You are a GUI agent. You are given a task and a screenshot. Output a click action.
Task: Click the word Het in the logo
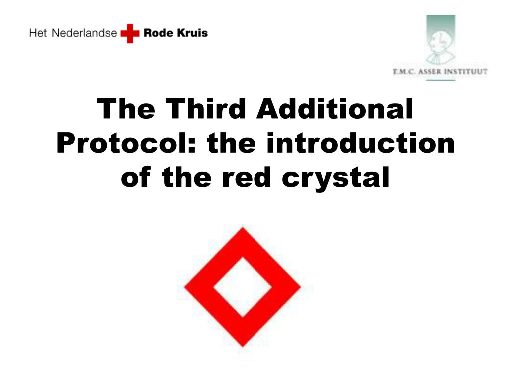pos(38,33)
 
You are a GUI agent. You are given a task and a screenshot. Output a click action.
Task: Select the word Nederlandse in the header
pos(84,33)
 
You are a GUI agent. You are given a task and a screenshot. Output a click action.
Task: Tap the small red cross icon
pos(130,33)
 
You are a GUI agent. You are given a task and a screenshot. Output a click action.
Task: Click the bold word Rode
pos(158,33)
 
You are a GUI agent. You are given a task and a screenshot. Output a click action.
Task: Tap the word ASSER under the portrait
pos(430,72)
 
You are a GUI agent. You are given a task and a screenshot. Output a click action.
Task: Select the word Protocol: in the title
pos(126,143)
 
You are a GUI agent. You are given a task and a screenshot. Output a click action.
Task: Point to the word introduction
pos(360,143)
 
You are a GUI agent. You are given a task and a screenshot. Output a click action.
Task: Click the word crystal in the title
pos(336,178)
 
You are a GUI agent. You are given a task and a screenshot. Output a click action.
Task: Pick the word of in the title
pos(136,177)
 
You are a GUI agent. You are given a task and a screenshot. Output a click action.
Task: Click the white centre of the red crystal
pos(243,287)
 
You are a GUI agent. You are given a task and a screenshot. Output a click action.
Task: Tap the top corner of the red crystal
pos(243,228)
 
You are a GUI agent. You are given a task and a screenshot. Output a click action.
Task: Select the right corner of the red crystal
pos(300,287)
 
